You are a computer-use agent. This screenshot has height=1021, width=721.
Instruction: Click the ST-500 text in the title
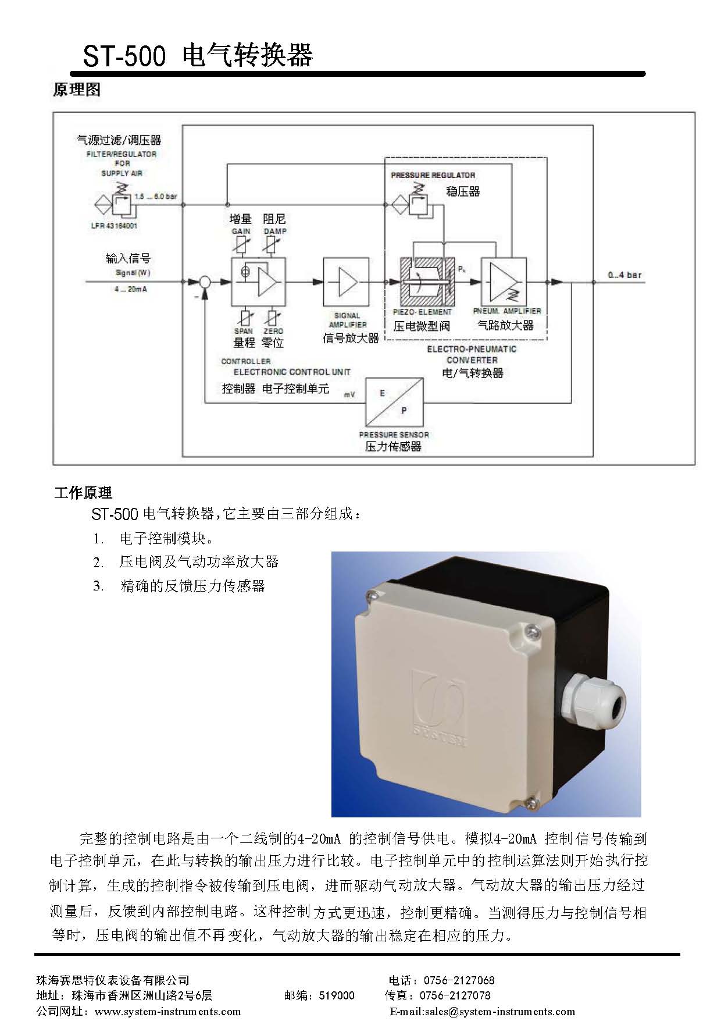(x=124, y=56)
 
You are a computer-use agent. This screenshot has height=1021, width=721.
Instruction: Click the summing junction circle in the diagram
(x=205, y=282)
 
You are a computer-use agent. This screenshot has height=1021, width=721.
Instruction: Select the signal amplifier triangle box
(x=346, y=282)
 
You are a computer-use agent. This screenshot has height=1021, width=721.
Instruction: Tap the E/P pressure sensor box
(x=394, y=402)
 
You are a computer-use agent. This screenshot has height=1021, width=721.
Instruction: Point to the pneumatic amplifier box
(x=504, y=282)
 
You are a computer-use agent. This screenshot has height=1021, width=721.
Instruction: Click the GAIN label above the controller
(x=241, y=231)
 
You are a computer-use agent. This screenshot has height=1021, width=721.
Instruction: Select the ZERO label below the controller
(x=273, y=331)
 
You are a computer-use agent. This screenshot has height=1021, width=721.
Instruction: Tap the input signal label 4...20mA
(x=131, y=289)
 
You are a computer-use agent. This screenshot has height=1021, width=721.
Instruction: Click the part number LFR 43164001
(x=114, y=226)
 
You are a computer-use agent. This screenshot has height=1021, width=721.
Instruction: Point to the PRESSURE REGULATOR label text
(x=433, y=175)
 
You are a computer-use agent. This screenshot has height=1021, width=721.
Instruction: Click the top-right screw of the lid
(x=530, y=630)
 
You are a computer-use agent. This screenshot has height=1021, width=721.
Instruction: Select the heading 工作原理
(x=83, y=493)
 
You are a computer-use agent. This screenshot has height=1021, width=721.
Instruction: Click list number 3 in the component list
(x=98, y=586)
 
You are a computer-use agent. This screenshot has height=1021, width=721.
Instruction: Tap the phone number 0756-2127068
(x=459, y=980)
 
